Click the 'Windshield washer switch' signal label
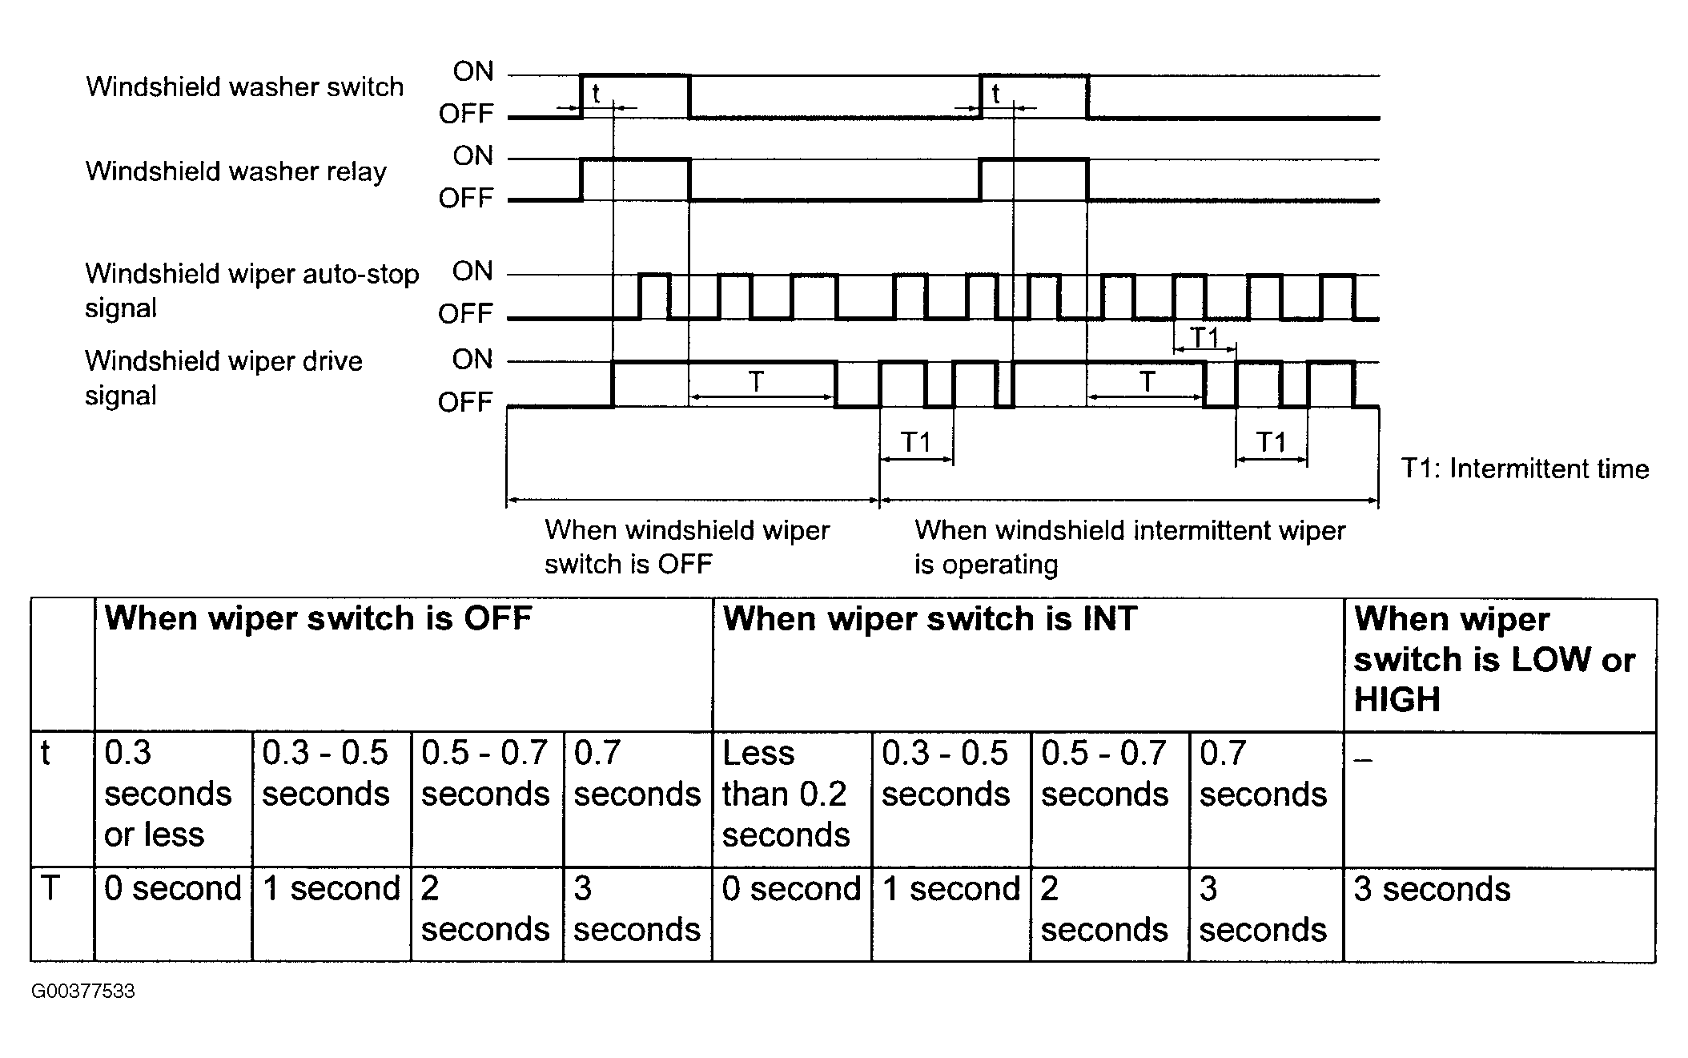click(244, 86)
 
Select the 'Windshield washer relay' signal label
click(236, 171)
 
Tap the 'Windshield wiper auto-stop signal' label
click(252, 290)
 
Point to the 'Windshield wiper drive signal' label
click(224, 377)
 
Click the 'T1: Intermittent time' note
click(1525, 468)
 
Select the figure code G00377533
click(83, 991)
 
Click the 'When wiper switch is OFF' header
click(318, 618)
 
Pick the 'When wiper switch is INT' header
click(930, 618)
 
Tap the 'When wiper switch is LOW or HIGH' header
click(1494, 659)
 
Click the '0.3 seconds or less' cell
click(168, 793)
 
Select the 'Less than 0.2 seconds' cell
click(786, 793)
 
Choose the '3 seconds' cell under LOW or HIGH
click(1432, 889)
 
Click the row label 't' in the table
click(46, 753)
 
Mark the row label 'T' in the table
click(50, 888)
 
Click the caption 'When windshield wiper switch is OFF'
click(687, 546)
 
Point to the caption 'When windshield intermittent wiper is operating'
click(1130, 547)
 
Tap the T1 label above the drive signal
click(1204, 337)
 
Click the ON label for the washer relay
click(473, 155)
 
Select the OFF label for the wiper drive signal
click(465, 401)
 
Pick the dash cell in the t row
click(1362, 759)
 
